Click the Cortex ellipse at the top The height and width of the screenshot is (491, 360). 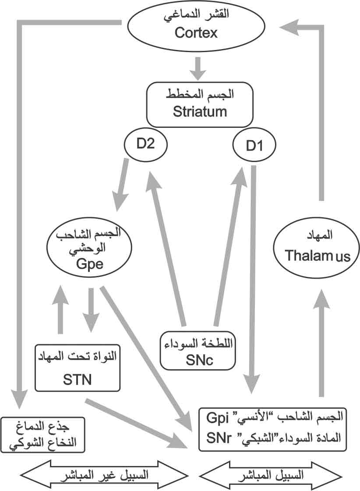click(196, 25)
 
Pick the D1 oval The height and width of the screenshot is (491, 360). click(254, 145)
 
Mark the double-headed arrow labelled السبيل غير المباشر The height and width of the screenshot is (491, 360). click(104, 474)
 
